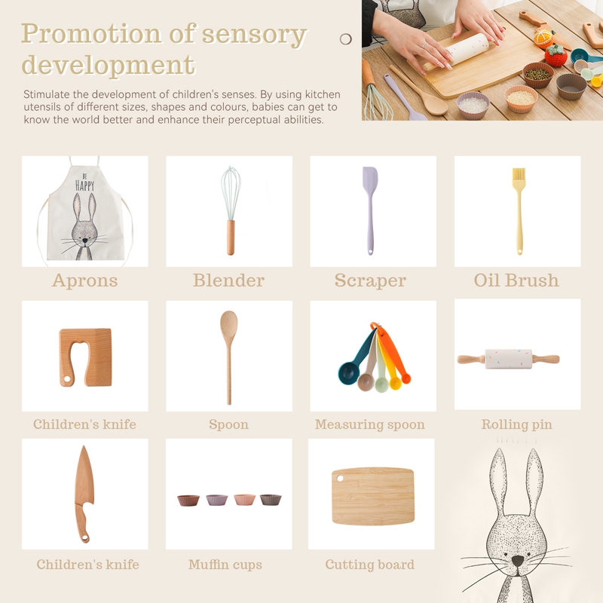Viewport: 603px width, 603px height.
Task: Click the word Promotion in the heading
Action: click(x=92, y=33)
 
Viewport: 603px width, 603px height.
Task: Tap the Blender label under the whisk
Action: click(x=229, y=280)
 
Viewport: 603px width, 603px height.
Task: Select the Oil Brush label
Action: click(x=516, y=280)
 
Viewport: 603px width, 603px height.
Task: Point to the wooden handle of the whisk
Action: click(x=231, y=237)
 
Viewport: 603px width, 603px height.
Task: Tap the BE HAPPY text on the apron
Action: click(x=84, y=182)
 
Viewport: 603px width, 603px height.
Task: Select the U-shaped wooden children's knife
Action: click(x=85, y=357)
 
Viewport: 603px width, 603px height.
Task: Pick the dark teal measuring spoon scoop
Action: click(x=349, y=372)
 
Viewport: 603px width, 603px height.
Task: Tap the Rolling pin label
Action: click(x=516, y=424)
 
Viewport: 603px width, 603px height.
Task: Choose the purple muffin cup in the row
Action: click(x=216, y=500)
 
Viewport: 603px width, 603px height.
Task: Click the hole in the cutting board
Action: click(x=340, y=479)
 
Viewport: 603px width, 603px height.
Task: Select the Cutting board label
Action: click(x=369, y=564)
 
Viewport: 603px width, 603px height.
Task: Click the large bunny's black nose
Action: click(x=518, y=561)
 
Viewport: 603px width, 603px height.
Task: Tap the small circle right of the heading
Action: click(x=346, y=39)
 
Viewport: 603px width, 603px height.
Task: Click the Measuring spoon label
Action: click(x=370, y=424)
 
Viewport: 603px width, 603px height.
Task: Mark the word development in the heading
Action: click(x=109, y=66)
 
